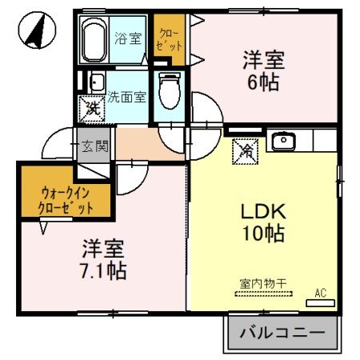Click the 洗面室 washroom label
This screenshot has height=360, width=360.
pyautogui.click(x=127, y=97)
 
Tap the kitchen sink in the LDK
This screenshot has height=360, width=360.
pyautogui.click(x=283, y=142)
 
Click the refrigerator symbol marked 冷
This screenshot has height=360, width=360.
pyautogui.click(x=244, y=150)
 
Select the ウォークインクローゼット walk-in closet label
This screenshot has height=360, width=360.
pyautogui.click(x=66, y=199)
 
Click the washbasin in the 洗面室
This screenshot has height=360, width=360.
pyautogui.click(x=96, y=82)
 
